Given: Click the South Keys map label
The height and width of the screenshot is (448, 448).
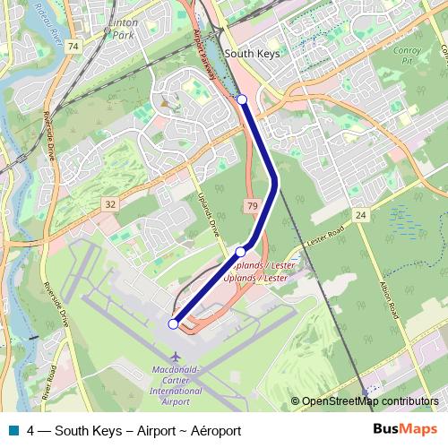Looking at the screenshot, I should [252, 54].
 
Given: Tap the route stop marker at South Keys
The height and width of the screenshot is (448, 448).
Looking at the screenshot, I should [242, 99].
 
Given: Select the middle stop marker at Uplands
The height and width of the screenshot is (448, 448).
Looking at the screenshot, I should [240, 252].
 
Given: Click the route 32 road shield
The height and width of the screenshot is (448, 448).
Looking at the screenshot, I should [110, 205].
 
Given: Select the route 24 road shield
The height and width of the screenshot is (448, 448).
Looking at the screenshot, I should [360, 216].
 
